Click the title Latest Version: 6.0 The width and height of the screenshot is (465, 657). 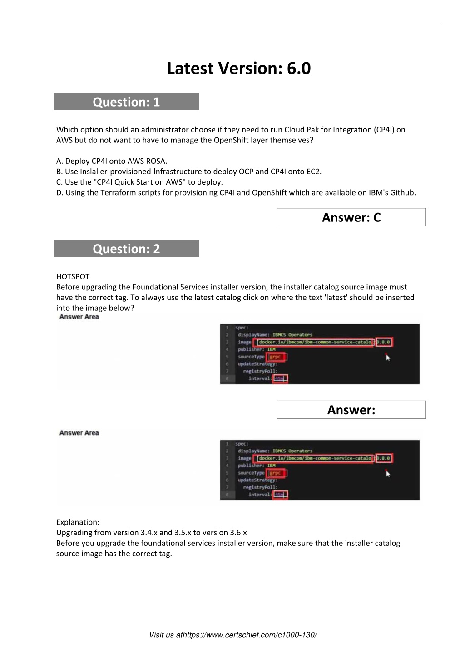pos(239,69)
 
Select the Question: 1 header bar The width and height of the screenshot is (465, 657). pos(126,102)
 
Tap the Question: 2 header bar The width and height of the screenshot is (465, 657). pos(126,249)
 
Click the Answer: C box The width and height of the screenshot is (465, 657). pos(351,217)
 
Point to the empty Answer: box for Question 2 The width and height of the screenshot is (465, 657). pos(351,410)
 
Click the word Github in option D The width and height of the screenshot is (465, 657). pos(402,192)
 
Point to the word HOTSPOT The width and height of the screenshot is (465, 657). pos(73,276)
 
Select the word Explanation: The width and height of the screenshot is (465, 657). pos(78,522)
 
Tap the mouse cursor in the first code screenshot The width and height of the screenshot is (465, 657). pos(388,358)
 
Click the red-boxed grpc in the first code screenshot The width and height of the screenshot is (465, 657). pos(276,357)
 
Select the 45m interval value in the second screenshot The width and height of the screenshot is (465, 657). pos(280,495)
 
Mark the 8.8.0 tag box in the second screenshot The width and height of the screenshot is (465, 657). pos(384,458)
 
